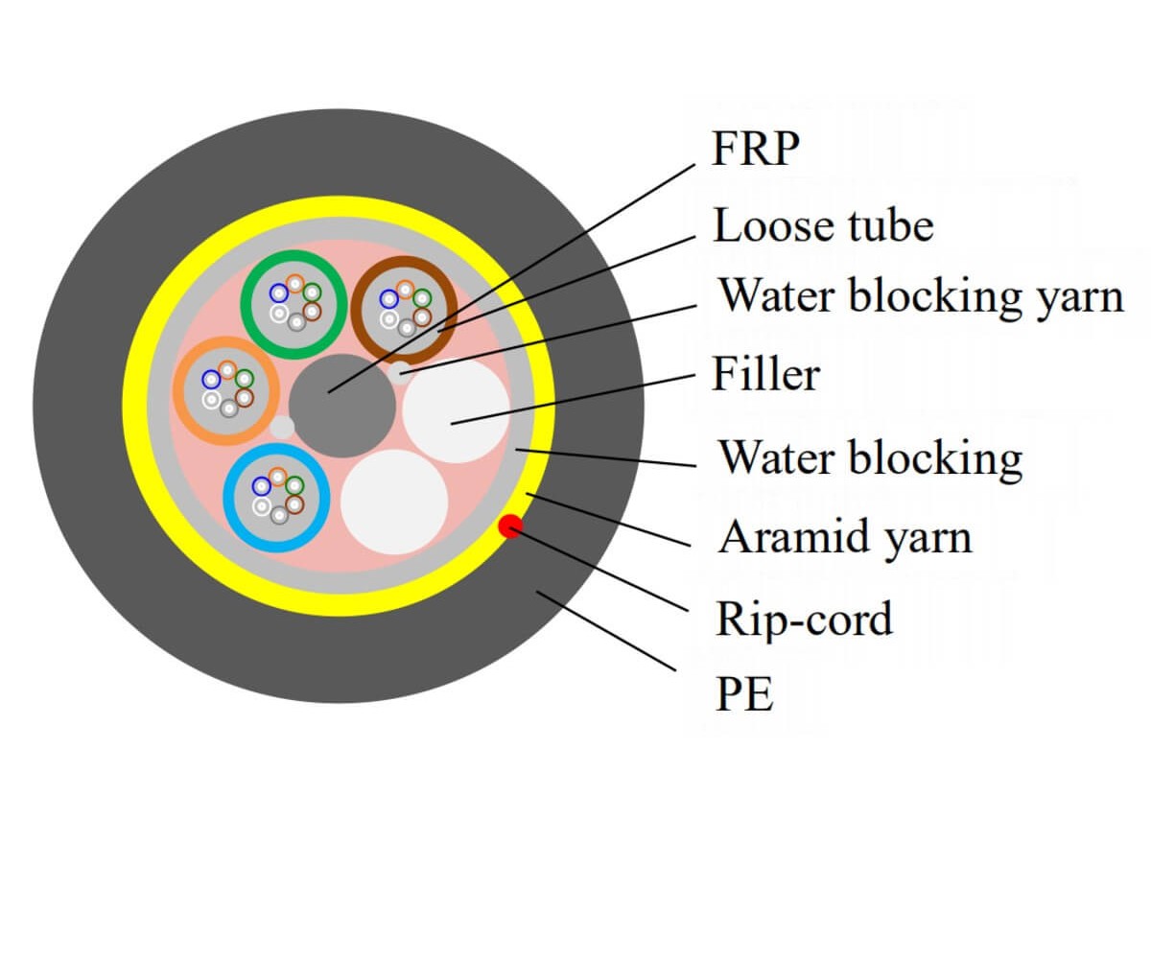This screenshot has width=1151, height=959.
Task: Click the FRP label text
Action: point(755,149)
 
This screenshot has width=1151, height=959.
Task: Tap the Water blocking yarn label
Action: point(921,297)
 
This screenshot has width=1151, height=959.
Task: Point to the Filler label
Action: point(766,374)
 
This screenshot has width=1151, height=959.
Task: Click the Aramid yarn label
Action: point(845,538)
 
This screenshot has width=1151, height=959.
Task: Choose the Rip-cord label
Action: point(804,620)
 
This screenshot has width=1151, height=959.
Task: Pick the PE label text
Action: point(744,694)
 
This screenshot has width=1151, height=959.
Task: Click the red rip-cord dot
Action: point(510,526)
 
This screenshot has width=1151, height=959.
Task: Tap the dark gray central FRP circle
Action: point(341,406)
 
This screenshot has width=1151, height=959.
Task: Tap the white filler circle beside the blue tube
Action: point(394,502)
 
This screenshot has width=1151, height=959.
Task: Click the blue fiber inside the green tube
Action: point(279,293)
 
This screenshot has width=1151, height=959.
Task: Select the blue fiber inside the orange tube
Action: point(211,380)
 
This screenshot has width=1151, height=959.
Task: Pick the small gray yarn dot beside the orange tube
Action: point(282,428)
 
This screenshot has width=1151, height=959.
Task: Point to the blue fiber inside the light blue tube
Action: point(261,486)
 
